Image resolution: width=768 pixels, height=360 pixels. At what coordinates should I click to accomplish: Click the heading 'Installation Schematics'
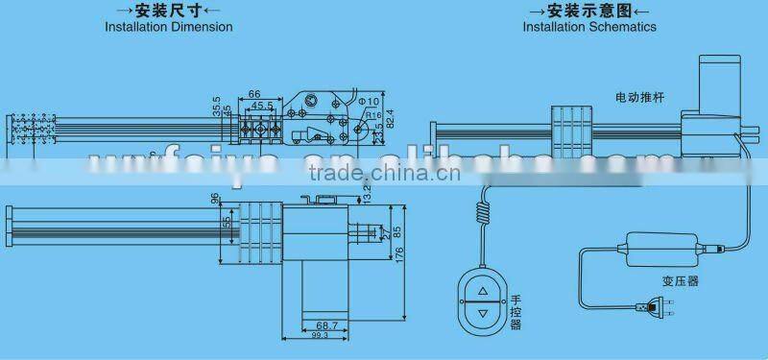[589, 27]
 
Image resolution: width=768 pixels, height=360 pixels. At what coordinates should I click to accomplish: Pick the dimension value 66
[255, 93]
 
